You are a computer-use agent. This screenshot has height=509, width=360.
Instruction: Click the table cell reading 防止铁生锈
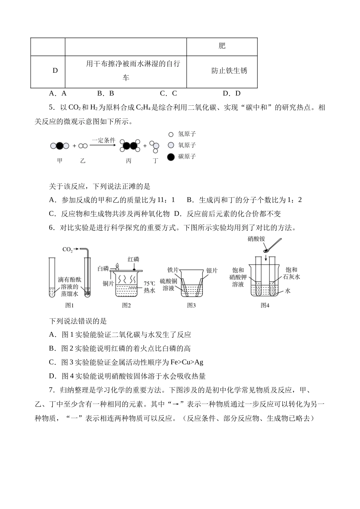click(229, 71)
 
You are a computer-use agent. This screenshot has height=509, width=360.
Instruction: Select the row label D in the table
click(55, 71)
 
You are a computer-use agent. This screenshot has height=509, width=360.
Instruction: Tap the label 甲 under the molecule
click(60, 161)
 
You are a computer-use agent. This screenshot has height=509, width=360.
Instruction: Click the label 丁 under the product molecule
click(156, 161)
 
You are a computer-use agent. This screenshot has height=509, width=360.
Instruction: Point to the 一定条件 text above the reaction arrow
click(103, 140)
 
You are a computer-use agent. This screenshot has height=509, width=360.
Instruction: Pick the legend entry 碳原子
click(187, 156)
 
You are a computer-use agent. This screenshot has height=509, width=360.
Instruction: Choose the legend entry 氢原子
click(187, 134)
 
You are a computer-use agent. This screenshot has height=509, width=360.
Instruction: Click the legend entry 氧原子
click(187, 145)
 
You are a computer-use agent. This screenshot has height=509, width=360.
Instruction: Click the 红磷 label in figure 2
click(133, 259)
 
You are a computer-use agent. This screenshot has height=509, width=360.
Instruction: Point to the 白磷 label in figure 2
click(103, 269)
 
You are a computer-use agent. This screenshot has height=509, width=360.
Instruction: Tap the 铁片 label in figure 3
click(173, 270)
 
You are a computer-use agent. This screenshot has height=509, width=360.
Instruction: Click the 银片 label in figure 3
click(212, 270)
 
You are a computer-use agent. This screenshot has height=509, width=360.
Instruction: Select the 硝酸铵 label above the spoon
click(256, 239)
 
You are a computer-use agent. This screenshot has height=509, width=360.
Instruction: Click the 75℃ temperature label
click(150, 283)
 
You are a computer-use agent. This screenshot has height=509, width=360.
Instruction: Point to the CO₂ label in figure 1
click(67, 250)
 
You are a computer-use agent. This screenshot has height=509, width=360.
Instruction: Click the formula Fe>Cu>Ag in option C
click(186, 362)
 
